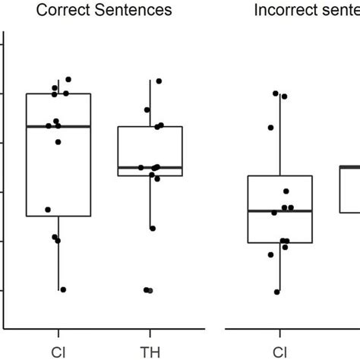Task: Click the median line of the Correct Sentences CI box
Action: coord(58,126)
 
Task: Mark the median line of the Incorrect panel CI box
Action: coord(280,211)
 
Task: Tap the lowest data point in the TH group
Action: coord(149,290)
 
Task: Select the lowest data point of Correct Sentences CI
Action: coord(63,289)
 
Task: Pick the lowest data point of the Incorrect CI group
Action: coord(277,292)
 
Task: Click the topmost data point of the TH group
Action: coord(159,81)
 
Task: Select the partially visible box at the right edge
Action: coord(349,190)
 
